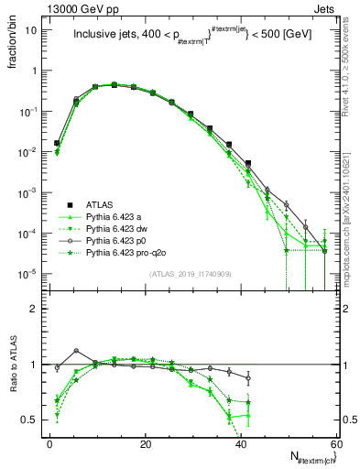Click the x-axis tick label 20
[146, 444]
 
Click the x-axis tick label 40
[241, 444]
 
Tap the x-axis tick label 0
[50, 444]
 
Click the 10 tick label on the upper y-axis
[31, 30]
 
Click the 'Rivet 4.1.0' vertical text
[349, 87]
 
